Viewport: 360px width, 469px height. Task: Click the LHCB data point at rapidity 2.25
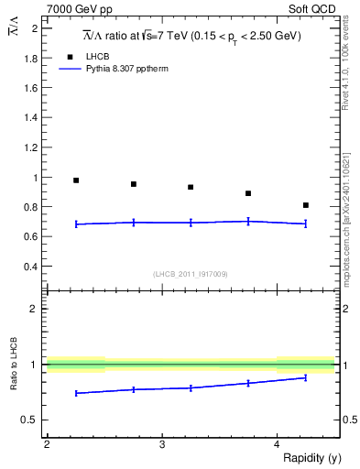point(76,180)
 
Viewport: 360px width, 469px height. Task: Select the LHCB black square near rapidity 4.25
point(306,205)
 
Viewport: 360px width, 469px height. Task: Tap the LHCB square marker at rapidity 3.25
point(191,187)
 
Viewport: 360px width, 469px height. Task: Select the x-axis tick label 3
point(161,444)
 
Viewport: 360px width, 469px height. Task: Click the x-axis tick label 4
point(277,444)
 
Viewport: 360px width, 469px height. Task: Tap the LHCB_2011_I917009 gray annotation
point(191,273)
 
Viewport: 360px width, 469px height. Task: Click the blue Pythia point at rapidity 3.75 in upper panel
point(248,221)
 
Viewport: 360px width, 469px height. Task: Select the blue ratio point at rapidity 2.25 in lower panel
point(76,393)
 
